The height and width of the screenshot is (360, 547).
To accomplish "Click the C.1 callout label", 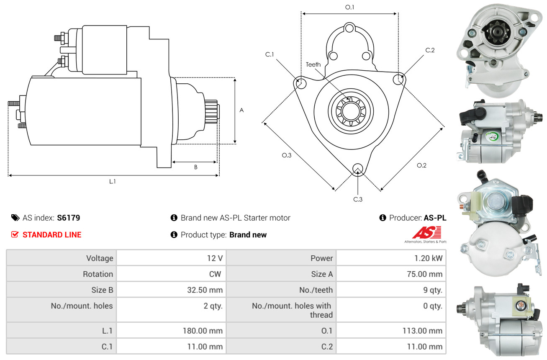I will [269, 54].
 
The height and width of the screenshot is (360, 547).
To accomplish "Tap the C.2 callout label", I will [430, 50].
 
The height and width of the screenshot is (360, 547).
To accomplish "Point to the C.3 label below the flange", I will [357, 199].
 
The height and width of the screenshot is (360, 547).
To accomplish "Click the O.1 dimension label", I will [349, 7].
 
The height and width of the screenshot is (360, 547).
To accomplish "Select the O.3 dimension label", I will [286, 155].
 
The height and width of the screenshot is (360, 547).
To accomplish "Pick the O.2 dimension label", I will [421, 165].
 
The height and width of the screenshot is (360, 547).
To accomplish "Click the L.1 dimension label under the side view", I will [113, 181].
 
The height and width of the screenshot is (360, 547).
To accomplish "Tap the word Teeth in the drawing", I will [313, 64].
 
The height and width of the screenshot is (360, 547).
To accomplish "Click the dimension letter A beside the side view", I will [241, 111].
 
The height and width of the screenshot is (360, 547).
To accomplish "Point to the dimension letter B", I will [195, 167].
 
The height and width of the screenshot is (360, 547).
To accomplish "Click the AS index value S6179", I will [69, 218].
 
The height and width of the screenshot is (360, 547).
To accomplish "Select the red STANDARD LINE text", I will [52, 235].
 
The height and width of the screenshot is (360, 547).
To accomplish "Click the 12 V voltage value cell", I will [214, 258].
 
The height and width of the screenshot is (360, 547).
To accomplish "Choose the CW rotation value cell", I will [217, 274].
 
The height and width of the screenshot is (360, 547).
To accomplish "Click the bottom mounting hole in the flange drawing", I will [357, 169].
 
